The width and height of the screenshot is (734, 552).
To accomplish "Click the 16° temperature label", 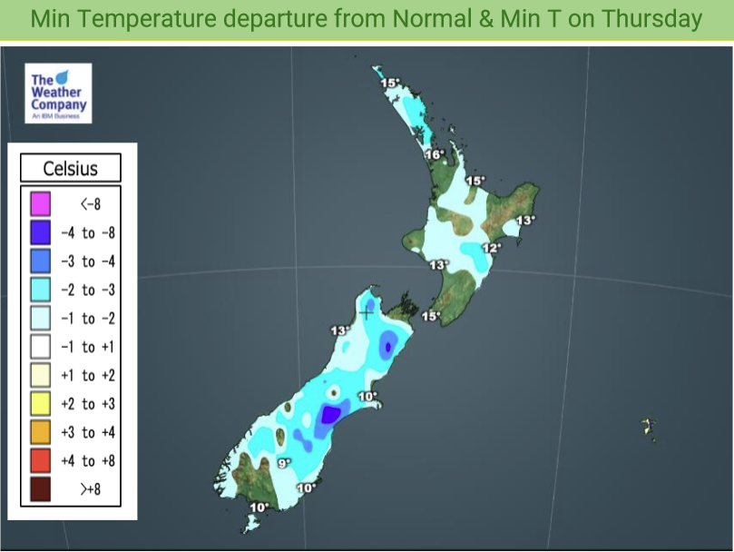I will point(435,155).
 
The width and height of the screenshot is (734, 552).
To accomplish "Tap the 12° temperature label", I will point(491,248).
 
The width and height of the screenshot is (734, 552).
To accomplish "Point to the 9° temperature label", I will point(283,463).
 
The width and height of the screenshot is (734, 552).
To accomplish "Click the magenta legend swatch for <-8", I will point(39,203).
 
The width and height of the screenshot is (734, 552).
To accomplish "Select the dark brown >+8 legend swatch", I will point(39,488).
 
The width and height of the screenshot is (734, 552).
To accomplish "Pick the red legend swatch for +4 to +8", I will point(39,460).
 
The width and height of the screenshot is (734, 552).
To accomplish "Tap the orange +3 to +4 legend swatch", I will point(39,432).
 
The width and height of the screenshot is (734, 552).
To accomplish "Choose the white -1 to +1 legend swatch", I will point(39,346).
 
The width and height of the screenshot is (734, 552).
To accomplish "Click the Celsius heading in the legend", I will point(71,169).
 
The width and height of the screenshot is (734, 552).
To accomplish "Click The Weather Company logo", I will point(59,93).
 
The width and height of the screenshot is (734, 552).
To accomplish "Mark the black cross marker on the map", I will point(367,312).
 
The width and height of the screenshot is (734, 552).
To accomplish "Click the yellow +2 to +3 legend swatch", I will point(39,403).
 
